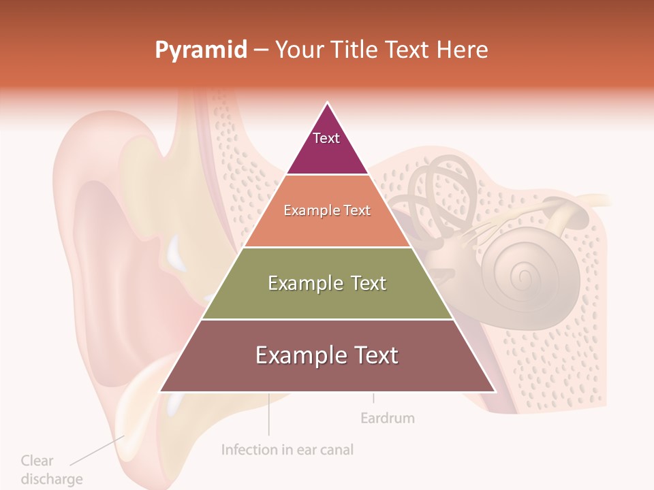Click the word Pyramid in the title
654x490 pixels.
[200, 50]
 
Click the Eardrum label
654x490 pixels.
[387, 418]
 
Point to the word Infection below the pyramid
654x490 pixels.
[249, 450]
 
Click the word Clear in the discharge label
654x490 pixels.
[37, 461]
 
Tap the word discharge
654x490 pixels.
[52, 479]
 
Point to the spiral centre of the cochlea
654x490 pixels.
[523, 276]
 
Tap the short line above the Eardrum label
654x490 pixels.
[373, 398]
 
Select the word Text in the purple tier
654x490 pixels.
[326, 138]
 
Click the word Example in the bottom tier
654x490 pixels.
[296, 355]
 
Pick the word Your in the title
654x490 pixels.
[296, 50]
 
